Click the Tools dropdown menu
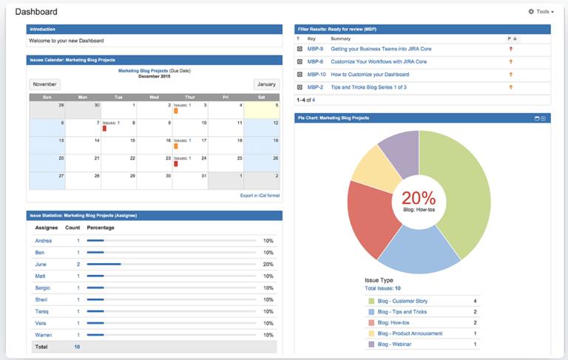tap(541, 12)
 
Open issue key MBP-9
tap(315, 49)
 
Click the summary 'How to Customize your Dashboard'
tap(369, 75)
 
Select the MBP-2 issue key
tap(315, 87)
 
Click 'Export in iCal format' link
tap(260, 196)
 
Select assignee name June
tap(41, 264)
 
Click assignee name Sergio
tap(43, 288)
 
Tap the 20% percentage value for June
tap(268, 264)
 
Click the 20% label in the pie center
tap(419, 197)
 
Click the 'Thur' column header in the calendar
tap(190, 97)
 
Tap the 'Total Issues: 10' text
tap(382, 288)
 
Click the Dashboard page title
tap(35, 12)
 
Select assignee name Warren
tap(44, 335)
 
